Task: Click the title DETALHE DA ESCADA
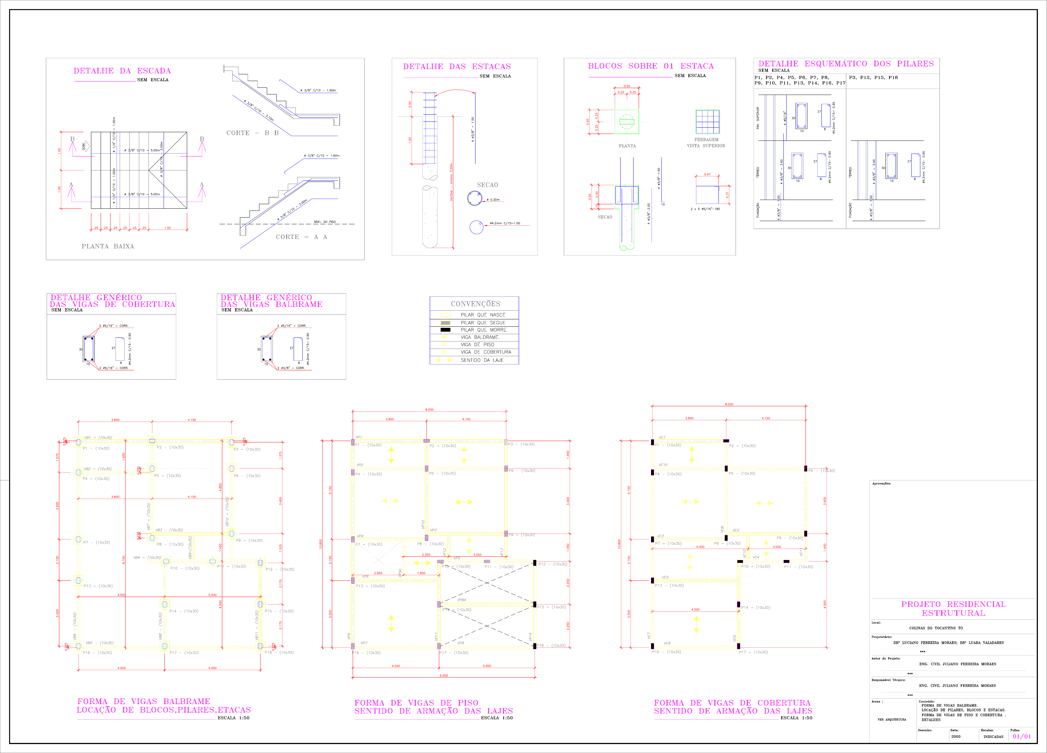[x=122, y=71]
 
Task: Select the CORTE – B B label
[x=253, y=133]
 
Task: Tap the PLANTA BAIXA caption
[x=107, y=246]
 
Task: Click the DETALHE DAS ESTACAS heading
[x=456, y=66]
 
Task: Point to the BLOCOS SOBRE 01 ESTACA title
[x=650, y=66]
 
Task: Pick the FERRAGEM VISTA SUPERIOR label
[x=706, y=143]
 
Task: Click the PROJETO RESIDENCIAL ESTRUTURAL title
[x=953, y=609]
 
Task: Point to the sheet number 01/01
[x=1022, y=736]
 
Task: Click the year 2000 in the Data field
[x=956, y=736]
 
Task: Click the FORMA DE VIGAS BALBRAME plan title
[x=144, y=701]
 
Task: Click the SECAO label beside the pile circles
[x=488, y=185]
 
